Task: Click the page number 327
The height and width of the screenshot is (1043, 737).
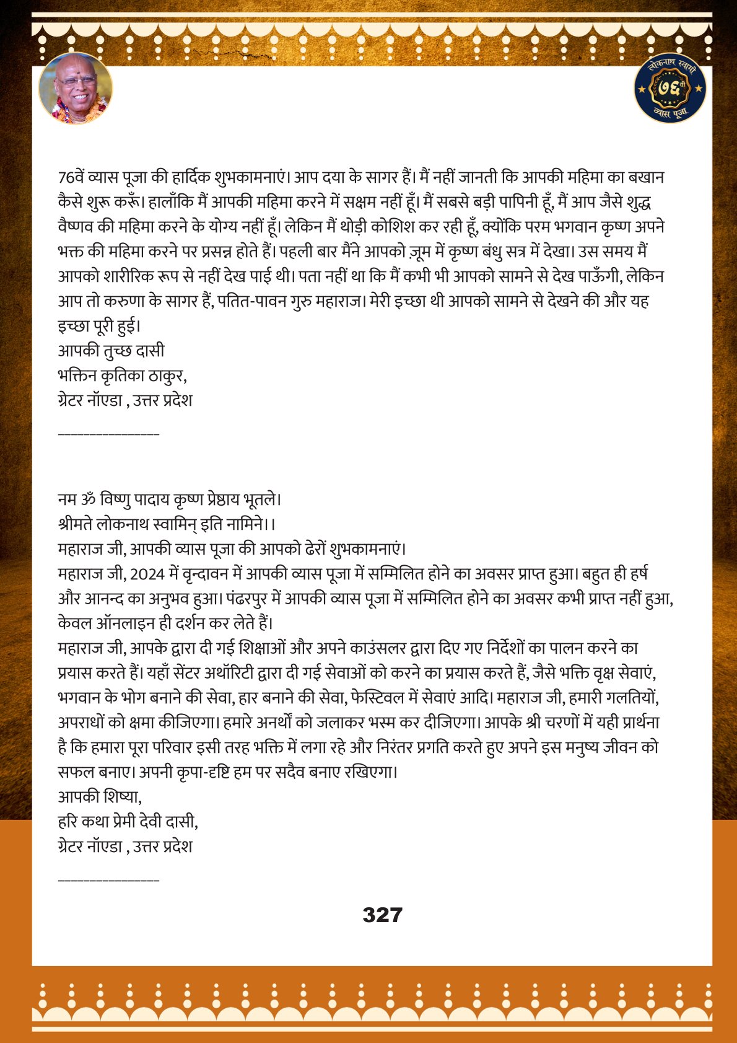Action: tap(382, 915)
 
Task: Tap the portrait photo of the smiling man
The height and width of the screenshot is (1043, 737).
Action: tap(76, 88)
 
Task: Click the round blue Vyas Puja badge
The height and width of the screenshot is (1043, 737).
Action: tap(671, 88)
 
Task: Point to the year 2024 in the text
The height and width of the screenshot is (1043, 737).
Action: tap(147, 574)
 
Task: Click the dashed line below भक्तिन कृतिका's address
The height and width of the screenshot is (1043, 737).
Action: tap(108, 432)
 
